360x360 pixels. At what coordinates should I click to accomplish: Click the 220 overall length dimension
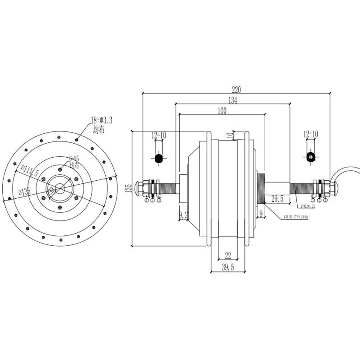click(x=236, y=89)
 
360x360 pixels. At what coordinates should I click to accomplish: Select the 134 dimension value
click(x=233, y=101)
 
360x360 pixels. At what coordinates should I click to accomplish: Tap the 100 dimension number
click(x=222, y=111)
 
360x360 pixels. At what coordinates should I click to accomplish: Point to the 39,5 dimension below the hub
click(x=228, y=267)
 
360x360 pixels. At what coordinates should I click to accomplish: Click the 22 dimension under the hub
click(x=228, y=255)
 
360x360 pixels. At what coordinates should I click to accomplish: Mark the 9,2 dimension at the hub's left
click(x=183, y=215)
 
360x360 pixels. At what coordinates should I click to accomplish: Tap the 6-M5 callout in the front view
click(x=74, y=158)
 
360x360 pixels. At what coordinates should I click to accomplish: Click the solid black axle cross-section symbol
click(x=158, y=158)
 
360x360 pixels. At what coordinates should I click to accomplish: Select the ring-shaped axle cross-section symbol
click(x=310, y=157)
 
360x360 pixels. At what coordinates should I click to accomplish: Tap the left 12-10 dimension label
click(x=158, y=135)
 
